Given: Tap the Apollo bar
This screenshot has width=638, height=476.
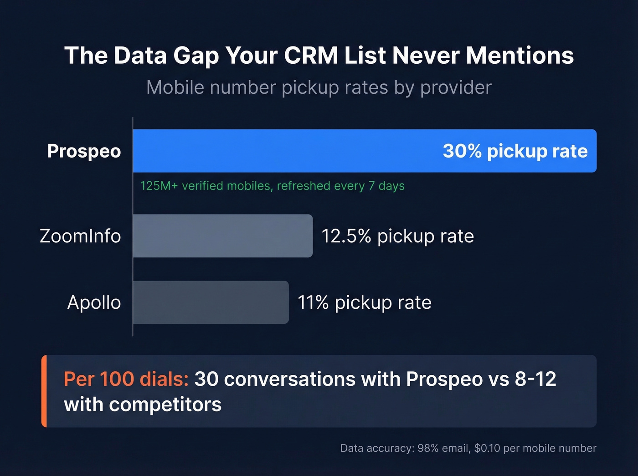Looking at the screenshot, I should coord(211,302).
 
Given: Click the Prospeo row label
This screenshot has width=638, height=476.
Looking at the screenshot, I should coord(84,151).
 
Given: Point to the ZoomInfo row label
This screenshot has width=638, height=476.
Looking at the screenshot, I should coord(80,236).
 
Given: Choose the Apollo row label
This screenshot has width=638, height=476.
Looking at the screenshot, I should coord(94,302).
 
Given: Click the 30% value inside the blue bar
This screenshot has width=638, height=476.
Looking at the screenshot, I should coord(462,151).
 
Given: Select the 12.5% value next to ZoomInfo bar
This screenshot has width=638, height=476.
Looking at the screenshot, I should coord(346,236).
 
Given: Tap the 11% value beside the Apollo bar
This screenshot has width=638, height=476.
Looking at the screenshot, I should coord(313,302).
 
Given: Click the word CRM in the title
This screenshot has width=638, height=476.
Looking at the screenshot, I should coord(311,56).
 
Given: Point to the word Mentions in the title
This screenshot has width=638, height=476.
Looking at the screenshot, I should coord(520,56).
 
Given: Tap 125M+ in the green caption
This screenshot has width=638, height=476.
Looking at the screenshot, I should coord(159,186).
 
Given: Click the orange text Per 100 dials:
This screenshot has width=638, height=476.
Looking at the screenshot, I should coord(126,379).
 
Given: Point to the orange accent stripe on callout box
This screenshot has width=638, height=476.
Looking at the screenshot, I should coord(44,391).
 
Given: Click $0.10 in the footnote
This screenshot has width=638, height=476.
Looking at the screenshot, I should coord(487,448).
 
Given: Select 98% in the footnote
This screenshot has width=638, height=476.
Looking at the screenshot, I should coord(427,448).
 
